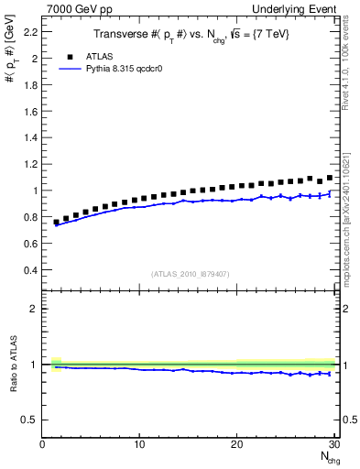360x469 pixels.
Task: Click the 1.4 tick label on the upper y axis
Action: (x=31, y=137)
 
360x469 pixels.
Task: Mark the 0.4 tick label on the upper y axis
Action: (x=31, y=270)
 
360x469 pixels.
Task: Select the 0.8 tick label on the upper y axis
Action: (x=31, y=217)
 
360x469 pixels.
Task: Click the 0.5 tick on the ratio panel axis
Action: (x=31, y=420)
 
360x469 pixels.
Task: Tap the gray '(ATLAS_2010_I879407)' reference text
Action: (x=189, y=273)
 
